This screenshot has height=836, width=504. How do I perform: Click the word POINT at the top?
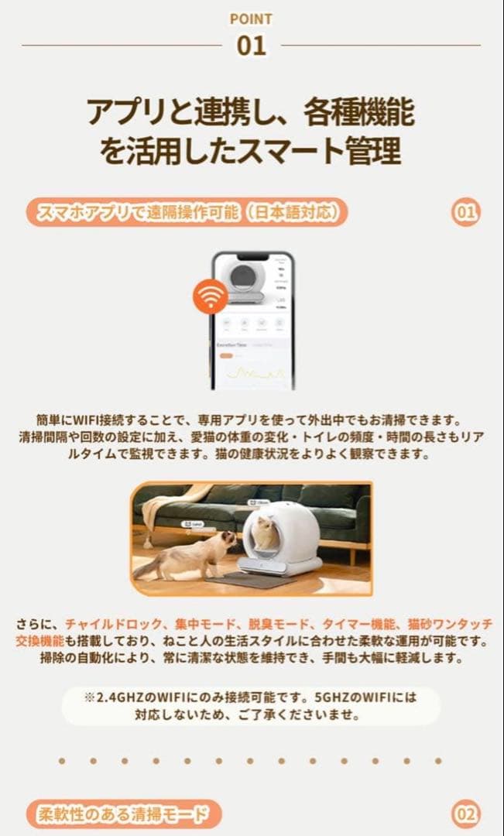(x=251, y=19)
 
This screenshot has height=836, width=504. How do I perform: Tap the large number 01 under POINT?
(x=251, y=45)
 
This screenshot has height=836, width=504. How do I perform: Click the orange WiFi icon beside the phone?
(x=211, y=297)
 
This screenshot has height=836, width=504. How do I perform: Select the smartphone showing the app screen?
(x=253, y=320)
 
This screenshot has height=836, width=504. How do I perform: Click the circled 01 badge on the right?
(x=465, y=211)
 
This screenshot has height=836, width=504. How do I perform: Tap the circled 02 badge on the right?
(x=466, y=814)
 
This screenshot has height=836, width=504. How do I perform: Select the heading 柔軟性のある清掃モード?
(x=124, y=814)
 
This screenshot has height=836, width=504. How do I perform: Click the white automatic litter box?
(x=280, y=540)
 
